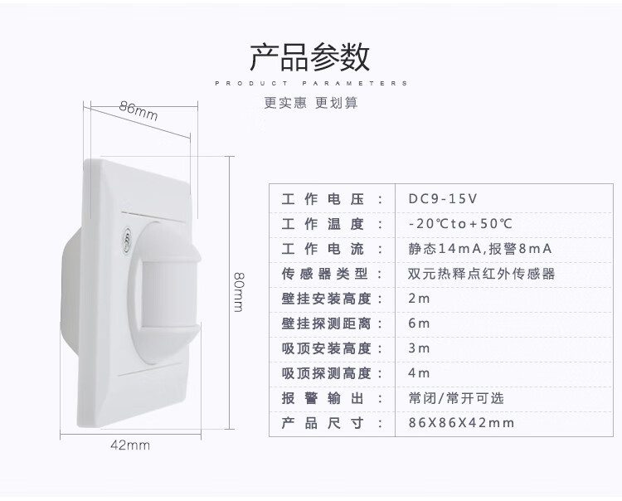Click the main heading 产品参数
click(310, 57)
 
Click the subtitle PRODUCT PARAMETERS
click(311, 83)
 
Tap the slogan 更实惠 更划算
click(311, 103)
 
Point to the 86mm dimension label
click(138, 110)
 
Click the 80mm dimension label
click(239, 292)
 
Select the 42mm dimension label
click(130, 445)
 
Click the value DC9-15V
click(443, 198)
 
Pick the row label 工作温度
click(323, 224)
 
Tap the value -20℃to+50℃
click(460, 224)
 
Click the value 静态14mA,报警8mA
click(480, 249)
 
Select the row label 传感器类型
click(325, 274)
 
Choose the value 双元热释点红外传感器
click(482, 274)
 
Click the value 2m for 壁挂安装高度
click(419, 299)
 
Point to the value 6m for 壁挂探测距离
click(419, 323)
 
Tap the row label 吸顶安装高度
click(327, 348)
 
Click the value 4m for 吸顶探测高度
click(419, 373)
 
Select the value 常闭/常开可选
click(456, 398)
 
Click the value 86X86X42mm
click(461, 423)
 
